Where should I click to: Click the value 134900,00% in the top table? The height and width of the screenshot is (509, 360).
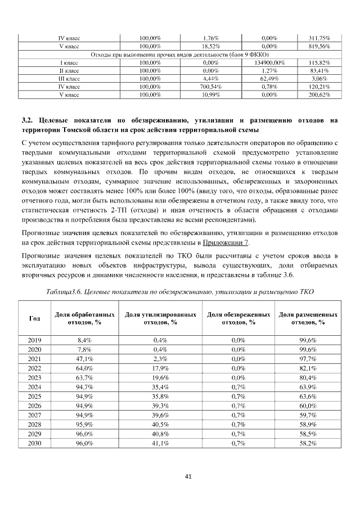[269, 62]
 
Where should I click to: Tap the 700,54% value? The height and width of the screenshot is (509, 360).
[211, 87]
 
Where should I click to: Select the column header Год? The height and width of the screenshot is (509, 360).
[34, 318]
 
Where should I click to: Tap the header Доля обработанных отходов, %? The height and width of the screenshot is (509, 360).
[85, 318]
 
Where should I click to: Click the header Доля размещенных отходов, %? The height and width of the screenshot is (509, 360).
[308, 318]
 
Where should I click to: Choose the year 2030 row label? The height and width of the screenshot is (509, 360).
[34, 444]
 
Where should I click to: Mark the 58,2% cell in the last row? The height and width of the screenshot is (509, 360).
[308, 444]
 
